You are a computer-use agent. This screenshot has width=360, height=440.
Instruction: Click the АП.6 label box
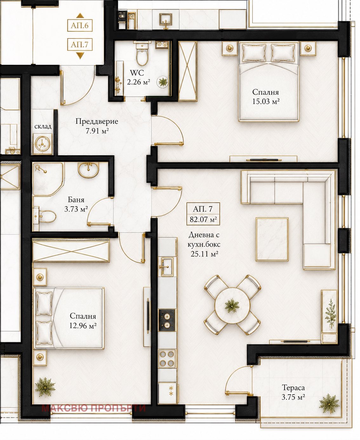(80, 25)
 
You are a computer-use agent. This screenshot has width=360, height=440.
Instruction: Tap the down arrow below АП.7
(80, 56)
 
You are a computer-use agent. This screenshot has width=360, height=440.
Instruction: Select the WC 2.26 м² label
(138, 77)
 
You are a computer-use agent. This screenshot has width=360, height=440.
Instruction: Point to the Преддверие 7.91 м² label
(97, 126)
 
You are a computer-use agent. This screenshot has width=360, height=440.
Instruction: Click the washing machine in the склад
(43, 144)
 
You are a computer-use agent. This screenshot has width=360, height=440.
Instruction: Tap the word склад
(43, 126)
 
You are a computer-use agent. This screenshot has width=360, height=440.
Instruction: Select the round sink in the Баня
(88, 170)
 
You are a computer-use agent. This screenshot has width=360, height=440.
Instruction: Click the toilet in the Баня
(45, 216)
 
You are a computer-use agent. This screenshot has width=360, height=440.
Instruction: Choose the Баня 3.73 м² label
(76, 205)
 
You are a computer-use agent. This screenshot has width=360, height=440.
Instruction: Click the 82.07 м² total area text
(203, 220)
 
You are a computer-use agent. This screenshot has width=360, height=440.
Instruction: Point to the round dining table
(232, 305)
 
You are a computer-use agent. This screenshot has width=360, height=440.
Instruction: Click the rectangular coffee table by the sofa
(272, 239)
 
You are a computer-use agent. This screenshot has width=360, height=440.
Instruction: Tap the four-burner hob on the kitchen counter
(167, 358)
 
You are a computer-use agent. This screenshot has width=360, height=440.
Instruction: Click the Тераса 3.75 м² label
(293, 392)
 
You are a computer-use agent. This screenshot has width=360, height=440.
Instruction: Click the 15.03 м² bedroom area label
(266, 102)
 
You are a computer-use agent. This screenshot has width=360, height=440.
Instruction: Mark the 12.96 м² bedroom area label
(83, 325)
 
